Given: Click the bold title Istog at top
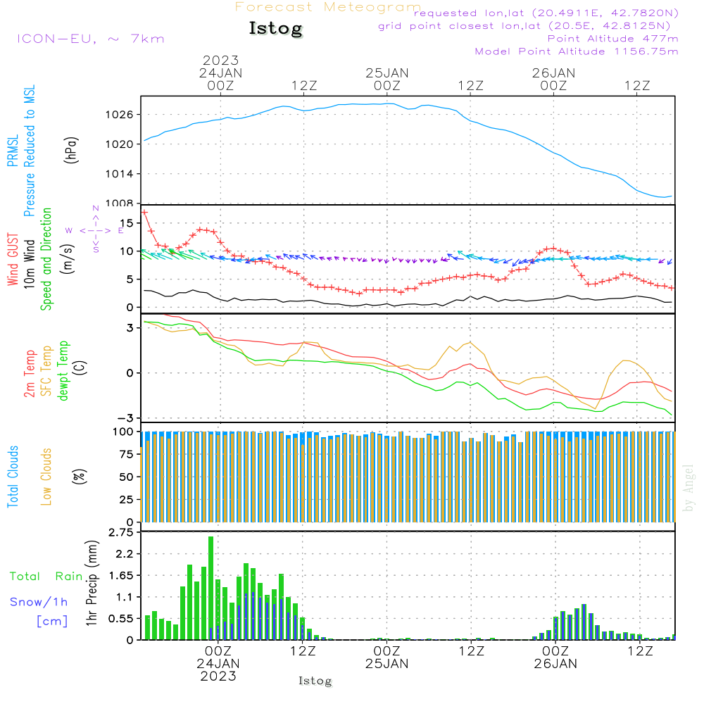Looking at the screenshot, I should pyautogui.click(x=275, y=28).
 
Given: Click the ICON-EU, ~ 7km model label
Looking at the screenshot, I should pyautogui.click(x=90, y=38).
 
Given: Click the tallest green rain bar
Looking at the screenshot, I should pyautogui.click(x=210, y=588).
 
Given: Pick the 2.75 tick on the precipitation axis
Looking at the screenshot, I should pyautogui.click(x=123, y=532).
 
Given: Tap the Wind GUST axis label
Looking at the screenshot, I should pyautogui.click(x=13, y=260).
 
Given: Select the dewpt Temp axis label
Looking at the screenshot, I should pyautogui.click(x=63, y=371).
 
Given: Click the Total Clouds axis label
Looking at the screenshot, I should pyautogui.click(x=13, y=477).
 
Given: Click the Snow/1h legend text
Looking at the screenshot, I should pyautogui.click(x=39, y=602).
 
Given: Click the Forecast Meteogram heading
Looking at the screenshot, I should pyautogui.click(x=328, y=7).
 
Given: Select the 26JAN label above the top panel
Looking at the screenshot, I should pyautogui.click(x=553, y=73).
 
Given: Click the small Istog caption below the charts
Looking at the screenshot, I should pyautogui.click(x=315, y=681).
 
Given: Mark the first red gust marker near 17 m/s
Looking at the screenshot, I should pyautogui.click(x=144, y=212).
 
